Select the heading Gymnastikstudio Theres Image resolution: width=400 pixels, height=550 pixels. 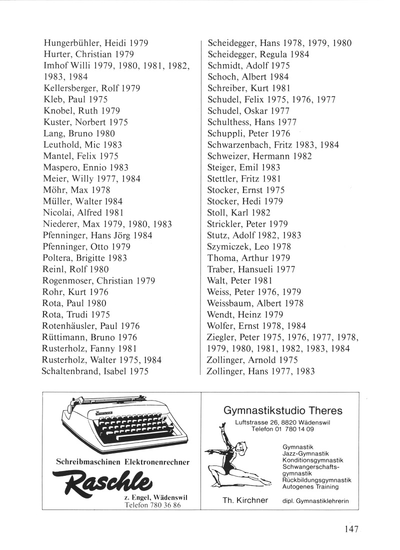coord(282,411)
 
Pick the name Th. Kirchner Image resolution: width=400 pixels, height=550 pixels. coord(245,500)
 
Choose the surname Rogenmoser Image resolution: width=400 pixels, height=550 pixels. coord(69,280)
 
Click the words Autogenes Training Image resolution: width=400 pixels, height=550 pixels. coord(310,486)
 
